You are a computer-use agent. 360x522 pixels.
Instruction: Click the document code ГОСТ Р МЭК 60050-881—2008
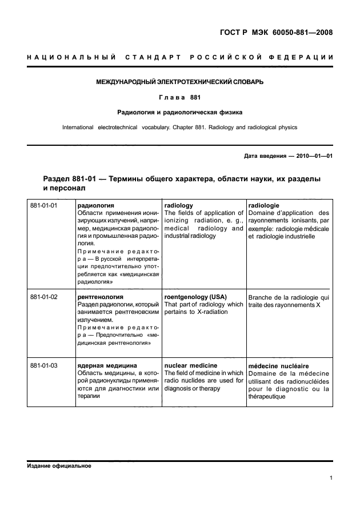pos(275,33)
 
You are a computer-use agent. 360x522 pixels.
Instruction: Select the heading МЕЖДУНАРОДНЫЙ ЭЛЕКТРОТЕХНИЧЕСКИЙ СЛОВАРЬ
pos(179,82)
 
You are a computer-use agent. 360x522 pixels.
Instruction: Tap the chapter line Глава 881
pos(179,97)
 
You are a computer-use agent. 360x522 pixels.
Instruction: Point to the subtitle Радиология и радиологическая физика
pos(179,112)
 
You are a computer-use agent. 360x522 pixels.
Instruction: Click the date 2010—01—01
pos(312,156)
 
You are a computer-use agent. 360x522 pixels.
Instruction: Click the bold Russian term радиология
pos(95,205)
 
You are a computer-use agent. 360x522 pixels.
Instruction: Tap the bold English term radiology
pos(178,205)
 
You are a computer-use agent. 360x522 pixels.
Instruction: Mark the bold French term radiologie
pos(263,205)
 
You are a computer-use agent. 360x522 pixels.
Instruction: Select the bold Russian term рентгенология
pos(100,297)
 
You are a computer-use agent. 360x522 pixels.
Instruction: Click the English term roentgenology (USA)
pos(195,297)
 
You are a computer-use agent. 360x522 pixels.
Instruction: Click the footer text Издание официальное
pos(59,466)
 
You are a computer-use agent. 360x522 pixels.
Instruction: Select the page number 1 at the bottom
pos(331,479)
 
